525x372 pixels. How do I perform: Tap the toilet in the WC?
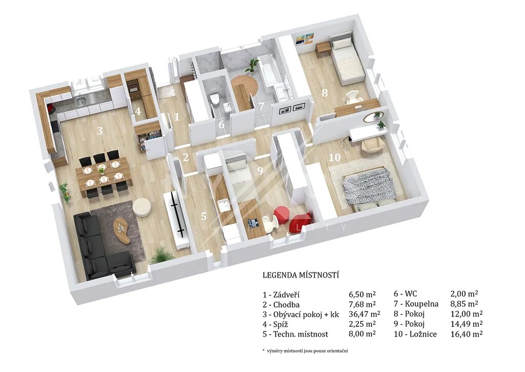coord(215,99)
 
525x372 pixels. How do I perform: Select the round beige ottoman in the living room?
coord(143,208)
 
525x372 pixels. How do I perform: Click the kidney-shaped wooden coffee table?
coord(121,230)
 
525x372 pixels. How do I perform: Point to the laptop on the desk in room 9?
coord(253,222)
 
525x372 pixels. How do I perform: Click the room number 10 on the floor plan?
coord(335,157)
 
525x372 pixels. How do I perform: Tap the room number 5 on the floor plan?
coord(204,216)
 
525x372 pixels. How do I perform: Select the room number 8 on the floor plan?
coord(325,92)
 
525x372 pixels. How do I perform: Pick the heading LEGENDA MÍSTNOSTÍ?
coord(300,275)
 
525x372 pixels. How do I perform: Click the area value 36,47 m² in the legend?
coord(365,314)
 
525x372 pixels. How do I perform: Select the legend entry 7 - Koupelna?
coord(416,304)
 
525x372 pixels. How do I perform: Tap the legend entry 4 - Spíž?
coord(275,324)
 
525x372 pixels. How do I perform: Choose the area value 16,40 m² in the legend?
coord(467,334)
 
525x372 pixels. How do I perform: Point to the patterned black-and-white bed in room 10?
coord(369,187)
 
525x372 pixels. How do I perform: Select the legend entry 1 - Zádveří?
coord(281,295)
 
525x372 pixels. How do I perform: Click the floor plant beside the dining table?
coord(65,192)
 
